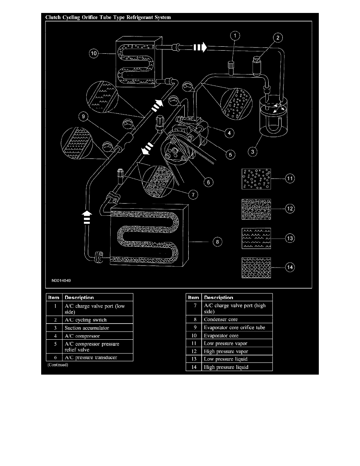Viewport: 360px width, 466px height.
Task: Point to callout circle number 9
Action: (83, 116)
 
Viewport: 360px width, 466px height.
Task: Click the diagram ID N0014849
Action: (61, 281)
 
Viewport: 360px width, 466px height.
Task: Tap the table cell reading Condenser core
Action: (236, 319)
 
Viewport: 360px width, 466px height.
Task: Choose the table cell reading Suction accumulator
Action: (97, 328)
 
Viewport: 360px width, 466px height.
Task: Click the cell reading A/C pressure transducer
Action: (97, 357)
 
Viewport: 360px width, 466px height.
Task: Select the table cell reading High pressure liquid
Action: (236, 367)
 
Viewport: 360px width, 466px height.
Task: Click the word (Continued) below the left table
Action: (57, 365)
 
